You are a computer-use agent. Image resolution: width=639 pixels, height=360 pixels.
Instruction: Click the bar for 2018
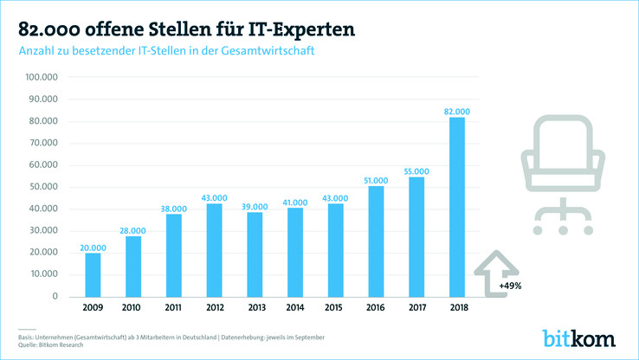point(456,208)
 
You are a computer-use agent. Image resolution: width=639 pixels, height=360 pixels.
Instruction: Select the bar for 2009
point(93,274)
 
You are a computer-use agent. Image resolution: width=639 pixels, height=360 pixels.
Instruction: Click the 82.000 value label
point(456,112)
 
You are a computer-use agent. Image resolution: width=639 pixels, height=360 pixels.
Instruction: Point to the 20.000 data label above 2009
point(93,247)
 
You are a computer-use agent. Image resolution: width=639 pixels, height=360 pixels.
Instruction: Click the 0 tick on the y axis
point(55,297)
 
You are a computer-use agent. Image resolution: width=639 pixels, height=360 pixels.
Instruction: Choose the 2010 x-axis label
point(132,308)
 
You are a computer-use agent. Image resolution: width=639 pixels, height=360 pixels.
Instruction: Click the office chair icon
point(563,177)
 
